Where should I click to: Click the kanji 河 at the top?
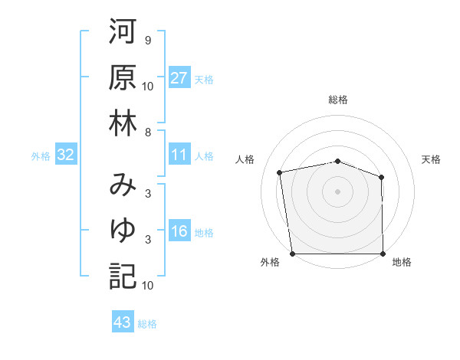click(123, 34)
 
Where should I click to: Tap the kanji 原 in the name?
click(123, 79)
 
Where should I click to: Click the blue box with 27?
click(179, 78)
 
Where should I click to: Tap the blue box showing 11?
click(179, 155)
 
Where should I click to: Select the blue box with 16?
click(179, 232)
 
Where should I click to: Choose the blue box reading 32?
click(66, 155)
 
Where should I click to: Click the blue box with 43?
click(122, 323)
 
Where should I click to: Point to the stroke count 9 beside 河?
click(147, 40)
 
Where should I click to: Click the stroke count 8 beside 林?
click(147, 132)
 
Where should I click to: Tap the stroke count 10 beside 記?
click(148, 285)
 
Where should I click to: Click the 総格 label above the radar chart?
click(338, 100)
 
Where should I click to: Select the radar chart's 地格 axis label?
click(402, 263)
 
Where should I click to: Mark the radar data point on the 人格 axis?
click(280, 172)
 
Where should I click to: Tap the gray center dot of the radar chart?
click(337, 191)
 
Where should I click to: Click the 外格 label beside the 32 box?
click(41, 156)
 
